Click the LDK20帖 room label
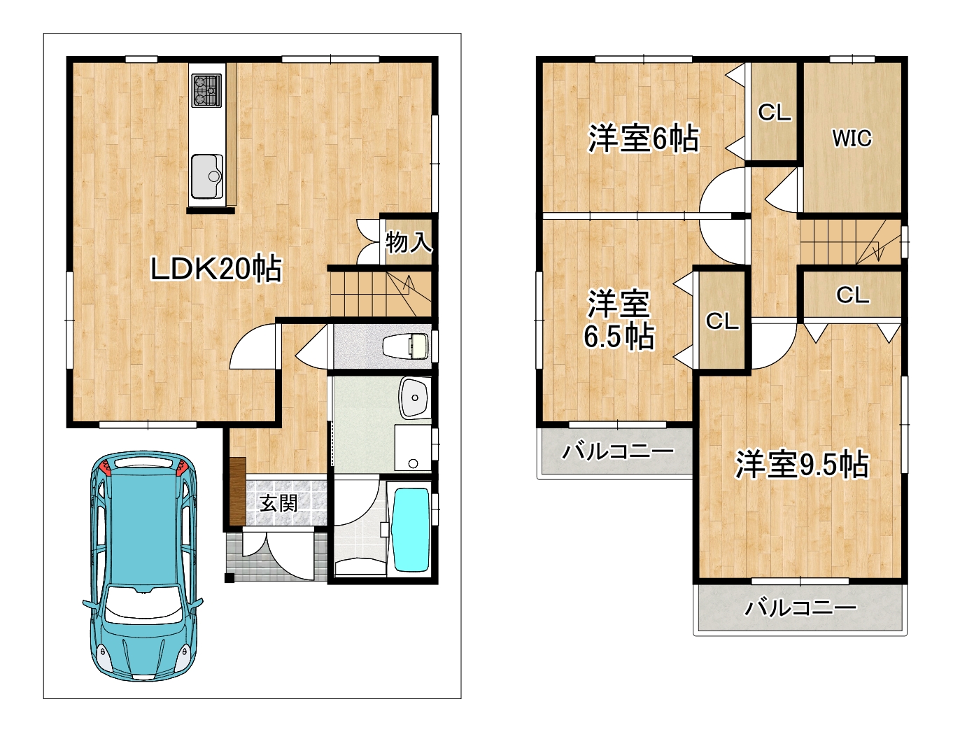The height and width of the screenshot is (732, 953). tap(216, 269)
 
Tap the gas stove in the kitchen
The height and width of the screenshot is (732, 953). tap(206, 90)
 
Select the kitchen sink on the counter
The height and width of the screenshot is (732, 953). tap(207, 176)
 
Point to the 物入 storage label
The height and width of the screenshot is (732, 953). tap(409, 242)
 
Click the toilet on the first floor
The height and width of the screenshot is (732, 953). tap(406, 346)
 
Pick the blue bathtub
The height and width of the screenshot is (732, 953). tap(411, 530)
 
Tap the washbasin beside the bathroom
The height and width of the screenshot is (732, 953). tap(414, 397)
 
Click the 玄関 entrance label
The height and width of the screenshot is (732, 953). tap(278, 503)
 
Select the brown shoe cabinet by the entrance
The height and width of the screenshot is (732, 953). tap(237, 491)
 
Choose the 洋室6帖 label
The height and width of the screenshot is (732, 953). tap(643, 139)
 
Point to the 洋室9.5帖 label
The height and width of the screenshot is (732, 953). tap(802, 464)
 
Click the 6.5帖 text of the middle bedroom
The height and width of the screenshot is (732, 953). tap(619, 337)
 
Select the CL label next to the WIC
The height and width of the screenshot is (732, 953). tap(774, 113)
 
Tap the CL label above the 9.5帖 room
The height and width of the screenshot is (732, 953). tap(852, 295)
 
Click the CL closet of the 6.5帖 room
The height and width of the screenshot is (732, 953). tap(722, 321)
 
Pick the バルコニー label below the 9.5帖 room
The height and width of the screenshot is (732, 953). tap(801, 608)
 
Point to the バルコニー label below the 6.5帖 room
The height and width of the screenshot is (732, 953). tap(618, 451)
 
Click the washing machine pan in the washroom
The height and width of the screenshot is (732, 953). tap(413, 447)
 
